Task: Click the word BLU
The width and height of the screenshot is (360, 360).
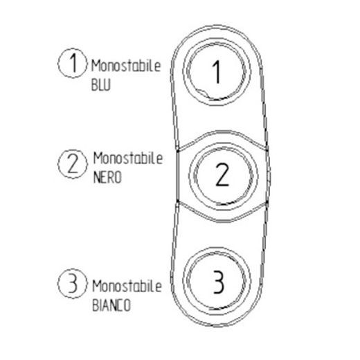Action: pos(101,85)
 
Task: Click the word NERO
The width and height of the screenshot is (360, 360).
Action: pos(107,177)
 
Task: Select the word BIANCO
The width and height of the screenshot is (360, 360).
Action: pos(111,305)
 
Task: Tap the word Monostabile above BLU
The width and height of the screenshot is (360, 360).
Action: pos(126,66)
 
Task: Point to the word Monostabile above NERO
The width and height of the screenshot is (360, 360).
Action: pos(128,159)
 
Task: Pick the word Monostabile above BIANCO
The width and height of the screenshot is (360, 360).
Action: pos(127,287)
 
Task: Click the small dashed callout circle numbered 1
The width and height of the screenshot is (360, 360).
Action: pos(73,63)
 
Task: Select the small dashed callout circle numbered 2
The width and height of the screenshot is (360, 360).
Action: pos(73,164)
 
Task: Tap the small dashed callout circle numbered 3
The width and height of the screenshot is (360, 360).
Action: pos(73,283)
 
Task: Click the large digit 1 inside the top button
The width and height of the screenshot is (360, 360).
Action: pos(217,72)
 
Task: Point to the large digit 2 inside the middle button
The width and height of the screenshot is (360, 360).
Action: pos(222,174)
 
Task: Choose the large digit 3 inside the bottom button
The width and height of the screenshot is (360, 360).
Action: pos(219,282)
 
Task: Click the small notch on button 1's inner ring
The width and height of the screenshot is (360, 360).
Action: pos(202,92)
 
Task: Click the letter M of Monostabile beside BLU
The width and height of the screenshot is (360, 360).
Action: pos(96,66)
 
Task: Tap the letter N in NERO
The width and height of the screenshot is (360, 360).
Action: pos(97,178)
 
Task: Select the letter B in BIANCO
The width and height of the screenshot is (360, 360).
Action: pos(96,305)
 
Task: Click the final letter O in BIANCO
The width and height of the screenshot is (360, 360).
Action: pos(127,305)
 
